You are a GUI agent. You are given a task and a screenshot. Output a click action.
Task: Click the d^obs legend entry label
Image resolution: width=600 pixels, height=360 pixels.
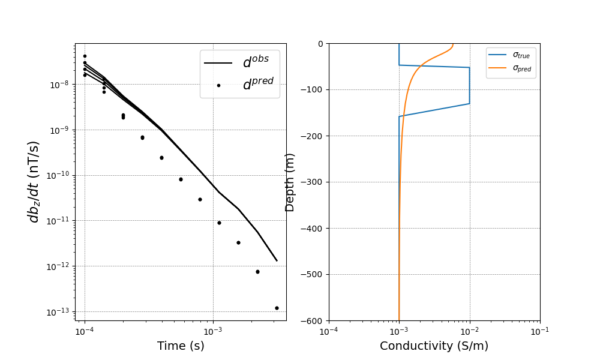coord(256,63)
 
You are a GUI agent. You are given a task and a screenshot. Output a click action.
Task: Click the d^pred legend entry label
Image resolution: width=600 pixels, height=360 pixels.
coord(258,85)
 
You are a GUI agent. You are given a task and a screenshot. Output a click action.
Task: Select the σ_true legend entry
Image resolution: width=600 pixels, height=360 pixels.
coord(521,55)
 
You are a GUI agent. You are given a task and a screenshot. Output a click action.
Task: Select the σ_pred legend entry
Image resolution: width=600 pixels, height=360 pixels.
coord(521,68)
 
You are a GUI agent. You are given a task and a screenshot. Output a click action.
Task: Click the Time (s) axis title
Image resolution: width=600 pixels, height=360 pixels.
coord(181,346)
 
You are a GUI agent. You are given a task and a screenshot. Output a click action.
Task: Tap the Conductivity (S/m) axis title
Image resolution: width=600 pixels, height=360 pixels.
coord(434,346)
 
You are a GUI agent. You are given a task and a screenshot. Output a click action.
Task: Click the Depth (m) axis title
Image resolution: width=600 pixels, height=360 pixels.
coord(290,182)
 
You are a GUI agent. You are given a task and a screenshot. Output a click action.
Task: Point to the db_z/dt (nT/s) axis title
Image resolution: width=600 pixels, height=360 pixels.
coord(34,182)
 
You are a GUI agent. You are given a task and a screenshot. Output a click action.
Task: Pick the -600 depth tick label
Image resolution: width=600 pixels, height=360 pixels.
coord(313,321)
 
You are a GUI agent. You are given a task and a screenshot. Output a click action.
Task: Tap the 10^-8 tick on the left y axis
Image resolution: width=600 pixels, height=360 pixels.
coord(60,85)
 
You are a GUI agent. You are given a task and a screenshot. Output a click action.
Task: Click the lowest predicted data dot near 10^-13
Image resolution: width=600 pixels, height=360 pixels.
coord(277,308)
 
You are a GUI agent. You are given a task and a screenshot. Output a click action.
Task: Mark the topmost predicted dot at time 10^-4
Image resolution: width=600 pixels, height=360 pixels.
coord(85,56)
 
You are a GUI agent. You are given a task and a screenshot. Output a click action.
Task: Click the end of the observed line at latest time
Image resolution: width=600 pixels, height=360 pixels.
coord(277,260)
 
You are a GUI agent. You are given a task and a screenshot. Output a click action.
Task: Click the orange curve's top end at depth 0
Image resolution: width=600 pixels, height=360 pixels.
coord(453,44)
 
